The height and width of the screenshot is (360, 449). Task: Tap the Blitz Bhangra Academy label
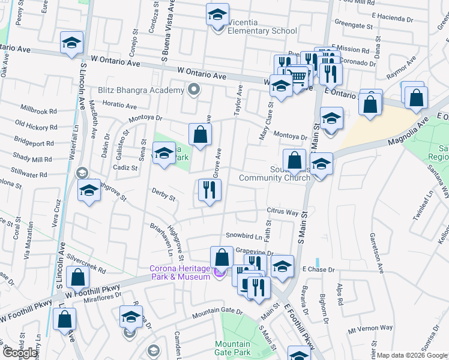pyautogui.click(x=140, y=90)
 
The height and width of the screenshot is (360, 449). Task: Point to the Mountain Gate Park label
pyautogui.click(x=233, y=348)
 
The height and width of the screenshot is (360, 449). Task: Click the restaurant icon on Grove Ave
pyautogui.click(x=209, y=191)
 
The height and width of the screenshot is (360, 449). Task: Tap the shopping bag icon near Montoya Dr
pyautogui.click(x=200, y=135)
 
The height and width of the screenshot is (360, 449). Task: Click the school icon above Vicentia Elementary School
pyautogui.click(x=218, y=15)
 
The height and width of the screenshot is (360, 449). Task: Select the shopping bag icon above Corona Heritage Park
pyautogui.click(x=222, y=257)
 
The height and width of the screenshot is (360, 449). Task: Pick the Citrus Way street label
pyautogui.click(x=283, y=212)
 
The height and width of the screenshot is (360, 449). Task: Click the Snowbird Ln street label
pyautogui.click(x=244, y=236)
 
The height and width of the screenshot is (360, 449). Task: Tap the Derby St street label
pyautogui.click(x=163, y=197)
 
